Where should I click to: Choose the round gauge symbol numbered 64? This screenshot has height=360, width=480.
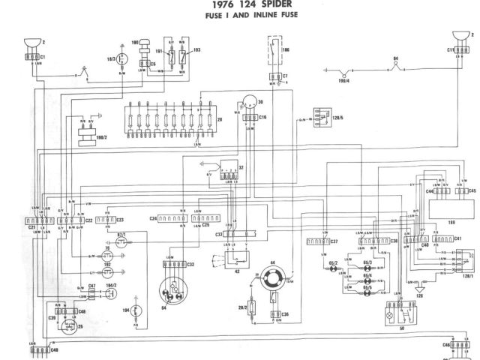pos(171,289)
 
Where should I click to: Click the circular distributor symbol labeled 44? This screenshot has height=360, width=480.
pos(270,283)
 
